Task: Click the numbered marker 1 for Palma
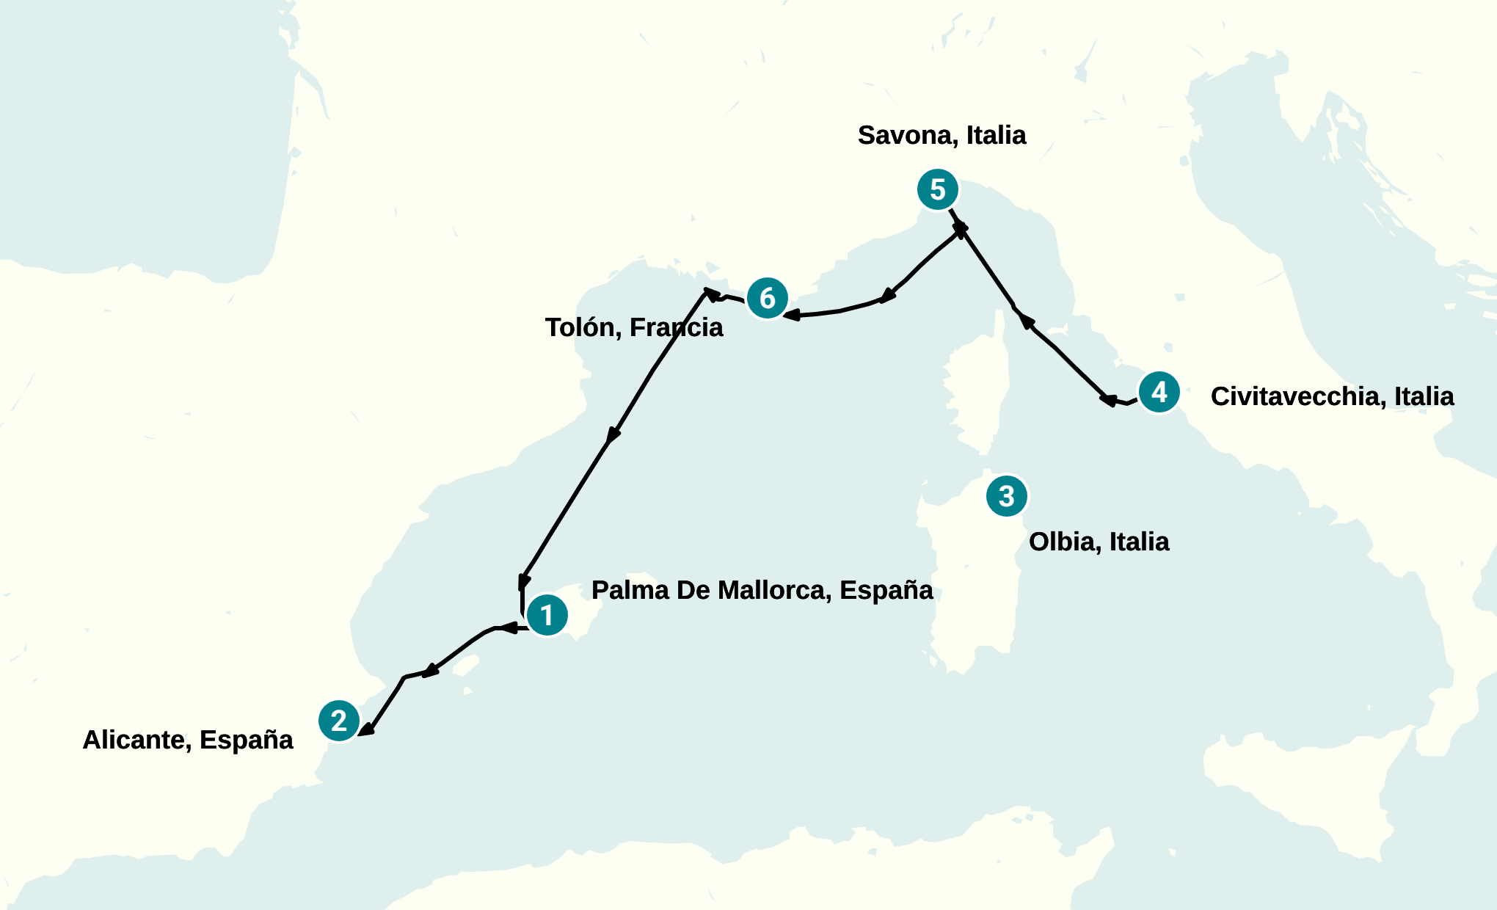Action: point(547,615)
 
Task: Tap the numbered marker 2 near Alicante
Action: point(339,721)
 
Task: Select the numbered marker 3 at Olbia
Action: point(1007,496)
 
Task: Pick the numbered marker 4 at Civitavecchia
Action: point(1159,392)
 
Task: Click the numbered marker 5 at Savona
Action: point(938,189)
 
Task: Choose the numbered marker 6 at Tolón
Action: point(768,298)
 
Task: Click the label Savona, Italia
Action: point(941,135)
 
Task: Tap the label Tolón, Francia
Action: point(634,327)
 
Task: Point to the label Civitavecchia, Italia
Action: point(1332,396)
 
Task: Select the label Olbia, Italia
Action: point(1099,542)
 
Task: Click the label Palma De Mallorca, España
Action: point(762,590)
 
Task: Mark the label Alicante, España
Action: point(188,740)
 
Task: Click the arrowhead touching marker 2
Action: point(366,729)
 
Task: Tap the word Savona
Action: point(908,135)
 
